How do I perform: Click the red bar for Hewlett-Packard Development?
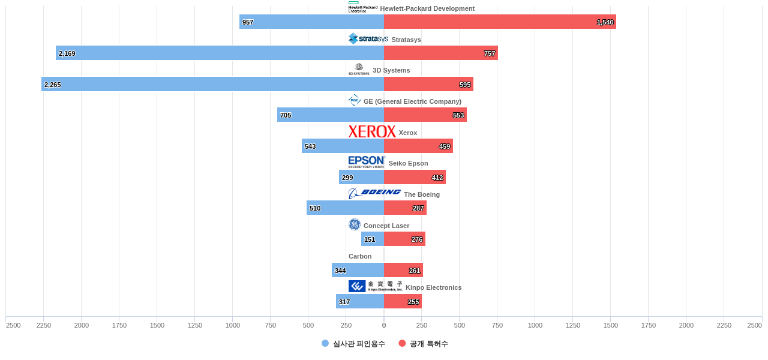click(500, 22)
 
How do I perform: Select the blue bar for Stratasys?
click(220, 53)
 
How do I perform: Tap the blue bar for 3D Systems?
click(212, 84)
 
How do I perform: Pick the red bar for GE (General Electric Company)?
click(425, 115)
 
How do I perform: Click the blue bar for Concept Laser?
click(373, 239)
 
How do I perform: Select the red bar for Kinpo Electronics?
click(403, 301)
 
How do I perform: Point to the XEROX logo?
click(372, 132)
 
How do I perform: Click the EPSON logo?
click(367, 162)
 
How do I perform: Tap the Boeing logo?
click(374, 193)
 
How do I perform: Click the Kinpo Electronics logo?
click(375, 286)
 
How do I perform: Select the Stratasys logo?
click(368, 39)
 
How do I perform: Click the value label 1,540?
click(605, 22)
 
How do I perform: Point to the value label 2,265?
click(53, 85)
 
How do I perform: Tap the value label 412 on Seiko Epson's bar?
click(437, 178)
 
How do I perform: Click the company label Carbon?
click(360, 256)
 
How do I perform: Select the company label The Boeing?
click(422, 194)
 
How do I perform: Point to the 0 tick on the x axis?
click(384, 325)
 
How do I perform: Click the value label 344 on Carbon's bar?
click(340, 271)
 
